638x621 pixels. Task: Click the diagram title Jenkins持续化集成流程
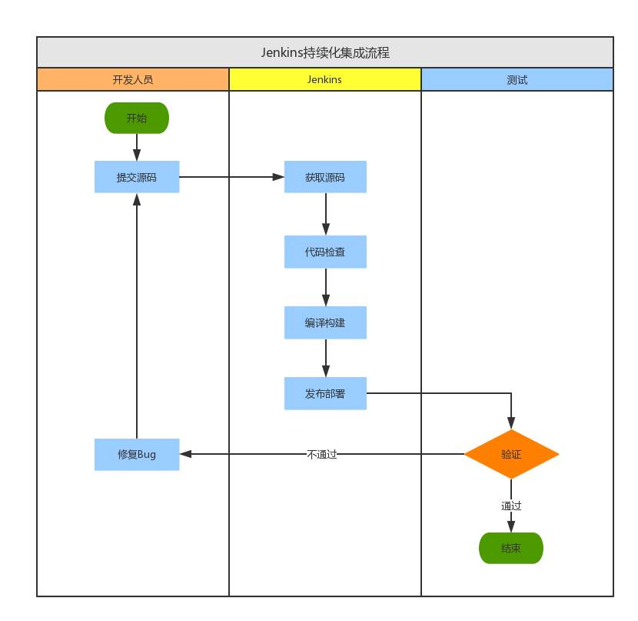pos(325,52)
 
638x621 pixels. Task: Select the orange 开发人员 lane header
pos(133,79)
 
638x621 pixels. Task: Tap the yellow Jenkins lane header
pos(325,79)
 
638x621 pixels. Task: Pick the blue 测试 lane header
pos(517,79)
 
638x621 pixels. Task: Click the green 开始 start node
pos(137,118)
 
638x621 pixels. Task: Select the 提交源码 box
pos(137,177)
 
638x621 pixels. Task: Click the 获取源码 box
pos(325,177)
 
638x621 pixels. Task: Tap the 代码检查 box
pos(325,252)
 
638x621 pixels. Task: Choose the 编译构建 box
pos(325,322)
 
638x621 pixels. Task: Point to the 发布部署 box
pos(325,393)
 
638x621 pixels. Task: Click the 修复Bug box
pos(137,454)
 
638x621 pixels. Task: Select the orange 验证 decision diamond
pos(511,454)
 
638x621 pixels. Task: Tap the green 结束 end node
pos(511,548)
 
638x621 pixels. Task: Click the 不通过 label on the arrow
pos(322,454)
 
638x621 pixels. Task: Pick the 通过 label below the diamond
pos(511,506)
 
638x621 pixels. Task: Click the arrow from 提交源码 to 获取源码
pos(231,177)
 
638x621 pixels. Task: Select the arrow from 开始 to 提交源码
pos(137,147)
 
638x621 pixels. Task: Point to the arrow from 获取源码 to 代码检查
pos(326,214)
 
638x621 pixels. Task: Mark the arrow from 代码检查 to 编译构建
pos(326,287)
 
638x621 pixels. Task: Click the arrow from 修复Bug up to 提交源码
pos(137,316)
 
